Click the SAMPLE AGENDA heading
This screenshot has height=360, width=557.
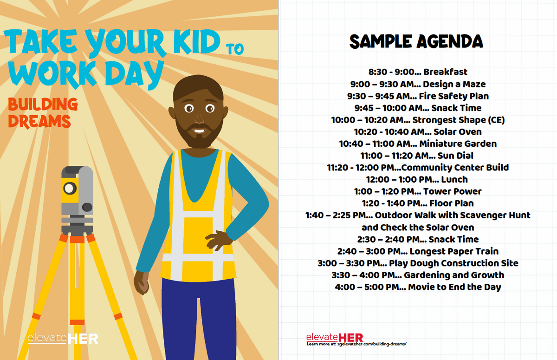point(416,41)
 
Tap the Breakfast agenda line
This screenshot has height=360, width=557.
point(418,72)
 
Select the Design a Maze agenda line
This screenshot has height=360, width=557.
point(418,84)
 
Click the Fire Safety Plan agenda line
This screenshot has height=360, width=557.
point(418,96)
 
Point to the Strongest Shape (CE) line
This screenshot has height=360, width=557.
point(418,120)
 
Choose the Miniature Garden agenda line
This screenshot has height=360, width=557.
point(418,144)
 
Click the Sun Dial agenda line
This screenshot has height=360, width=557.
point(417,156)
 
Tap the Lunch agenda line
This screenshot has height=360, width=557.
point(417,179)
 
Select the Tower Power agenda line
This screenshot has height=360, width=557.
point(418,191)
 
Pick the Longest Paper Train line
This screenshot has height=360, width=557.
point(418,251)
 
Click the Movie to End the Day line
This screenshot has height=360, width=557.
point(418,287)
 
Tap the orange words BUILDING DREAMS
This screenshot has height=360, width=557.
point(43,113)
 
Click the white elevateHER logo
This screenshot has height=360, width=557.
point(63,339)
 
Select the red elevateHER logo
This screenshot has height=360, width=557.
point(335,337)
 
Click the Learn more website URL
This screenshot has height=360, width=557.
point(356,344)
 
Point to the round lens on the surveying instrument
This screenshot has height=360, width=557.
point(70,188)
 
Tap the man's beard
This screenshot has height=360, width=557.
point(200,135)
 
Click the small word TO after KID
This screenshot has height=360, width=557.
point(235,49)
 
